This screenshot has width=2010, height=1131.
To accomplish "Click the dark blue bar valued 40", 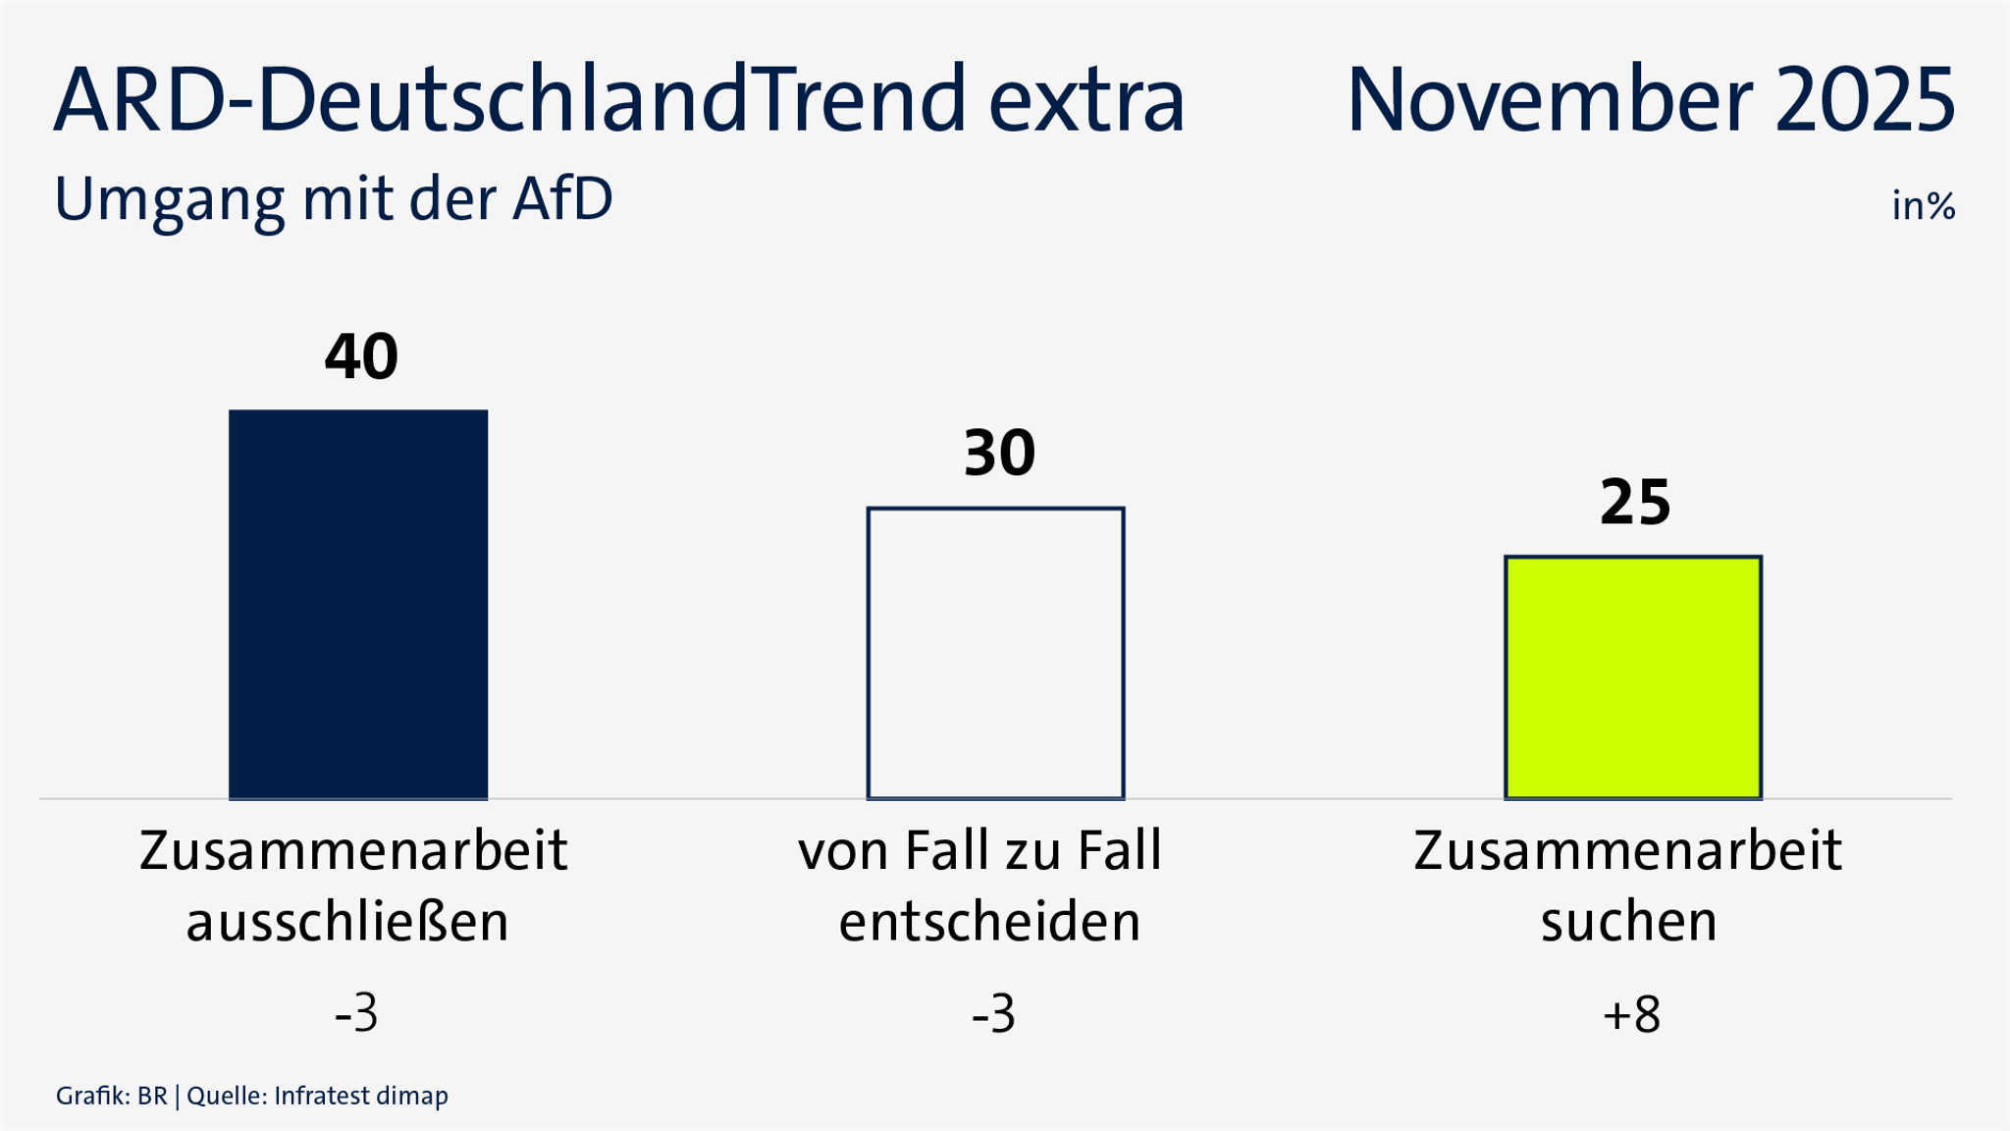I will [358, 604].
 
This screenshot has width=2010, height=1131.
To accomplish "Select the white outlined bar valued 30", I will [995, 653].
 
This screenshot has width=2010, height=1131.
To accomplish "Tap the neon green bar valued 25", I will [1633, 677].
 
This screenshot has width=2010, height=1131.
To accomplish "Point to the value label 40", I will [361, 356].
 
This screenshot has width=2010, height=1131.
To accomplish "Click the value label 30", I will [999, 454].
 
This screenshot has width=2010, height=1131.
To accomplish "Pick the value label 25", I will [1635, 503].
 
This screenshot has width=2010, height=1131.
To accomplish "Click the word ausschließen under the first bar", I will [347, 922].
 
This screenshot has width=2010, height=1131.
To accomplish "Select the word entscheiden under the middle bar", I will [989, 922].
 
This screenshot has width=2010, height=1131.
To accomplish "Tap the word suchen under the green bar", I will [1629, 922].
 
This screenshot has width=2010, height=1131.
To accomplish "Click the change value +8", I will [1631, 1014].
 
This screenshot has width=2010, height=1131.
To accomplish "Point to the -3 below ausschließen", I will [356, 1014].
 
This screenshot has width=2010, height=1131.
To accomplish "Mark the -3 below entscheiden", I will [993, 1014].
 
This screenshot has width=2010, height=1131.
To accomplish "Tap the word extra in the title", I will [1087, 100].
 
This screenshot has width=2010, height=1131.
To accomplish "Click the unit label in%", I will [1924, 206].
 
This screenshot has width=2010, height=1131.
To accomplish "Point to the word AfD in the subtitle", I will [562, 199].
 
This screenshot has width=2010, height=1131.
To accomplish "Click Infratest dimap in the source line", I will [361, 1096].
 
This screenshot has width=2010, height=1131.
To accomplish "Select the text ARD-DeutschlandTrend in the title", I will [510, 100].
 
